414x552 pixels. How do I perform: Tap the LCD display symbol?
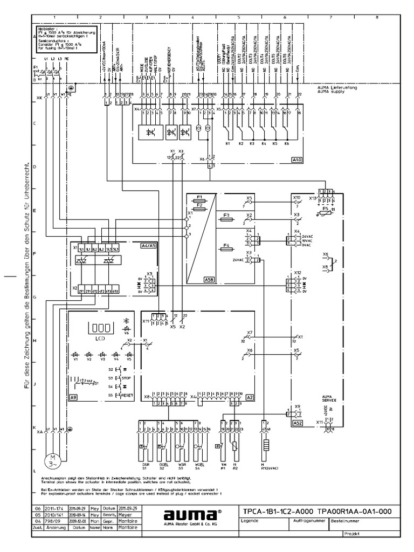[99, 328]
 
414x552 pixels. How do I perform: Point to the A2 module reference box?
[250, 396]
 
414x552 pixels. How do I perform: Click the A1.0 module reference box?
[296, 160]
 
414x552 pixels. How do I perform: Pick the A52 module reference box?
[298, 423]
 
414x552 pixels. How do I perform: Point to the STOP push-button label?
[127, 378]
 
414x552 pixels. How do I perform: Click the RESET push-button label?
[127, 395]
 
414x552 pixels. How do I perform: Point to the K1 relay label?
[227, 144]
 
